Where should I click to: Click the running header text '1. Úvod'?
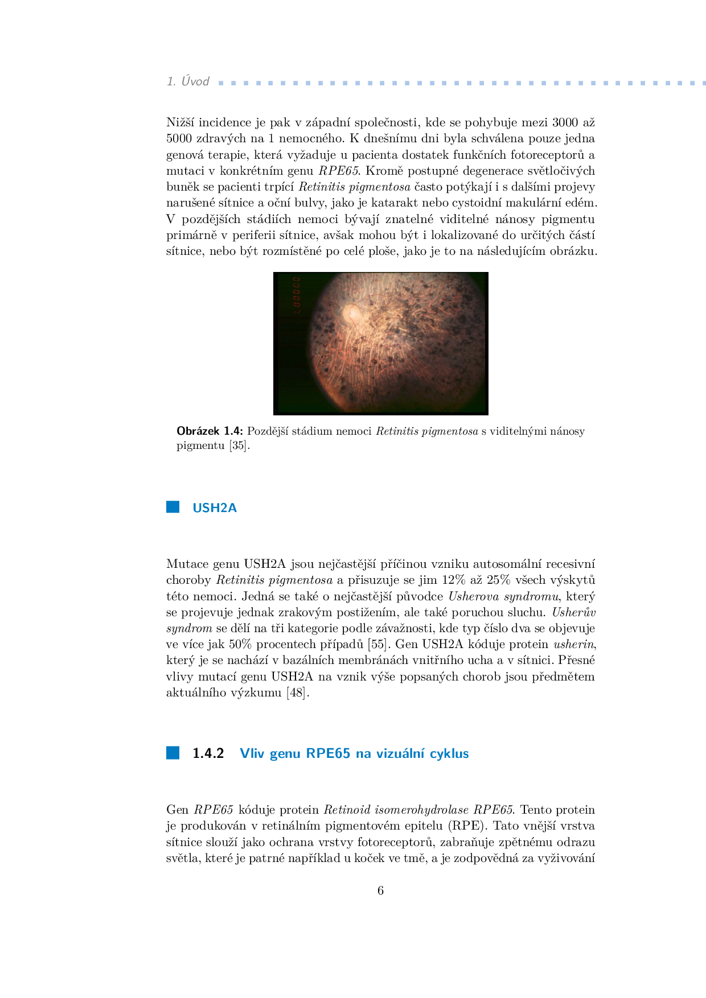click(188, 81)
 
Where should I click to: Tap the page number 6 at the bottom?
click(380, 890)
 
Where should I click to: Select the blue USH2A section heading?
click(214, 508)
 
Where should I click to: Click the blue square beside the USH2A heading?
click(173, 507)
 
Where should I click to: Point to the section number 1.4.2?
click(208, 753)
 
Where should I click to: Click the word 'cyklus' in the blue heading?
click(449, 753)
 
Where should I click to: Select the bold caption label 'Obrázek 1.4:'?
click(210, 431)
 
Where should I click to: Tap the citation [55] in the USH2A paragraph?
click(377, 644)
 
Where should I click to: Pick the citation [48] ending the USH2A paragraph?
click(297, 692)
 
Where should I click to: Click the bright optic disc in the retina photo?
click(350, 312)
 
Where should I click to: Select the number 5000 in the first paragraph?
click(179, 138)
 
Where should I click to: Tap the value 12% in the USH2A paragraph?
click(453, 580)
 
